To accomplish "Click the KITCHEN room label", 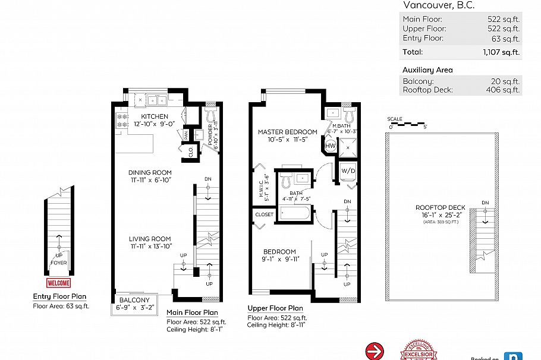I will tap(155, 116).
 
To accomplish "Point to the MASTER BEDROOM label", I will tap(287, 132).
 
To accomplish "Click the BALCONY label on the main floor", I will tap(134, 301).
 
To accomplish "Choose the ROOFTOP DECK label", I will tap(441, 207).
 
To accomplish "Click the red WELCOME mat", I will tap(58, 283).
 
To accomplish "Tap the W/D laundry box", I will tap(347, 171).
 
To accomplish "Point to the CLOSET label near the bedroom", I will tap(264, 214).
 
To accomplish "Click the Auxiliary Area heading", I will tap(427, 70).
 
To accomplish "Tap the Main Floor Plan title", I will tap(192, 312).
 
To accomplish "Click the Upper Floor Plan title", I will tap(275, 309).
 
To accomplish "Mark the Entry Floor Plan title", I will tap(59, 297).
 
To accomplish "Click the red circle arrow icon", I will tap(375, 351).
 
